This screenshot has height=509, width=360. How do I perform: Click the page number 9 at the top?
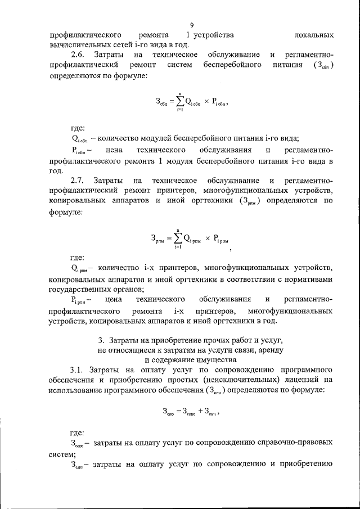192,25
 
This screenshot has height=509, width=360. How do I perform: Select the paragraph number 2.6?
78,55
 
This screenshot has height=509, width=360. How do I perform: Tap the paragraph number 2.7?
78,181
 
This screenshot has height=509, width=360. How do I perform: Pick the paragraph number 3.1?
78,369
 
